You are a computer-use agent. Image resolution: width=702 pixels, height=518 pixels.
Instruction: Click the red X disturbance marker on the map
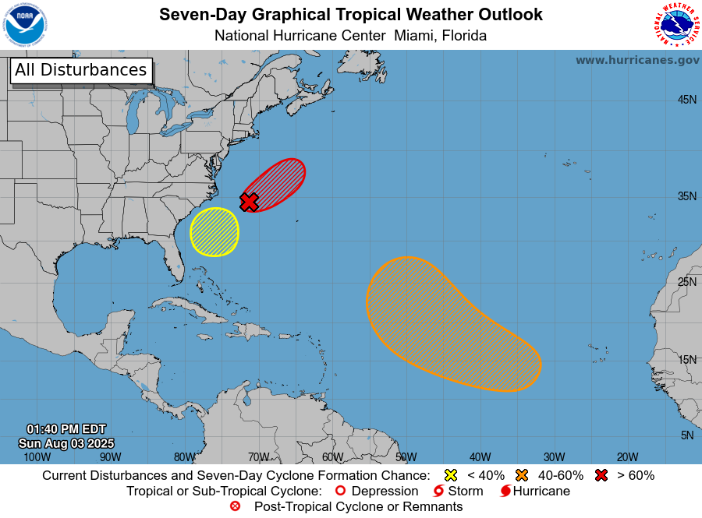[x=249, y=202]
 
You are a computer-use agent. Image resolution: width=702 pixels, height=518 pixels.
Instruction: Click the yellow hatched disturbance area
[x=214, y=231]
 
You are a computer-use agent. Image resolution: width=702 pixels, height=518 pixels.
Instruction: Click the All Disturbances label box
[x=80, y=70]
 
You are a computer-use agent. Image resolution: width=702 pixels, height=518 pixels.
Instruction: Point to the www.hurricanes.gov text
[x=637, y=60]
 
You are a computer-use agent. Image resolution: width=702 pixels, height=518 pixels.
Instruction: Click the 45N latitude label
[x=686, y=100]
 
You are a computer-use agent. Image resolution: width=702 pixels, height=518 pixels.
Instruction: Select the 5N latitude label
[x=686, y=435]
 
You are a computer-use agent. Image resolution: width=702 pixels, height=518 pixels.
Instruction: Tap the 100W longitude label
[x=37, y=457]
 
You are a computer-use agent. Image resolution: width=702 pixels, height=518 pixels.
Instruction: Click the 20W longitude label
[x=627, y=457]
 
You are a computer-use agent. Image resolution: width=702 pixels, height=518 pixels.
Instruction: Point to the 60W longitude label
[x=332, y=457]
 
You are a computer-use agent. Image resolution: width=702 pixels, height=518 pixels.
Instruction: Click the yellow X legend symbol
[x=450, y=475]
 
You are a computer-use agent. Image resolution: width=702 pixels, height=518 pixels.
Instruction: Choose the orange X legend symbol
[x=522, y=475]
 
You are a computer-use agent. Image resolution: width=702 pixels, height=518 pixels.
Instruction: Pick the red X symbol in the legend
[x=601, y=475]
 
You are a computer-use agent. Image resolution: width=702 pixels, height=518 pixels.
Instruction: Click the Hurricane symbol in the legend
[x=505, y=492]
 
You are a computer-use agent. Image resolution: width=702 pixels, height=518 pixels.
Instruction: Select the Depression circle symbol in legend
[x=339, y=492]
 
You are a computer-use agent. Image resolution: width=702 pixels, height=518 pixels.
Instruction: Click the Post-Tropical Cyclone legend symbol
[x=235, y=506]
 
